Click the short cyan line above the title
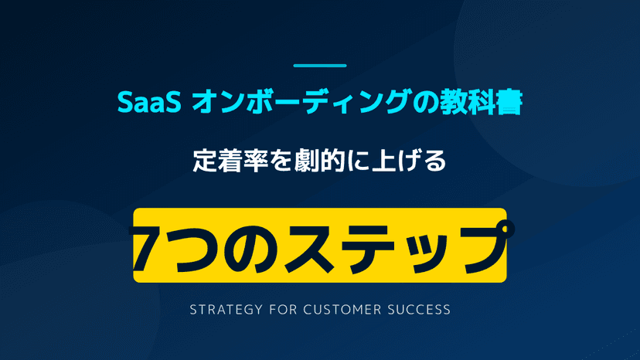coord(320,66)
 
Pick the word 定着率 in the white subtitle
coord(229,163)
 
